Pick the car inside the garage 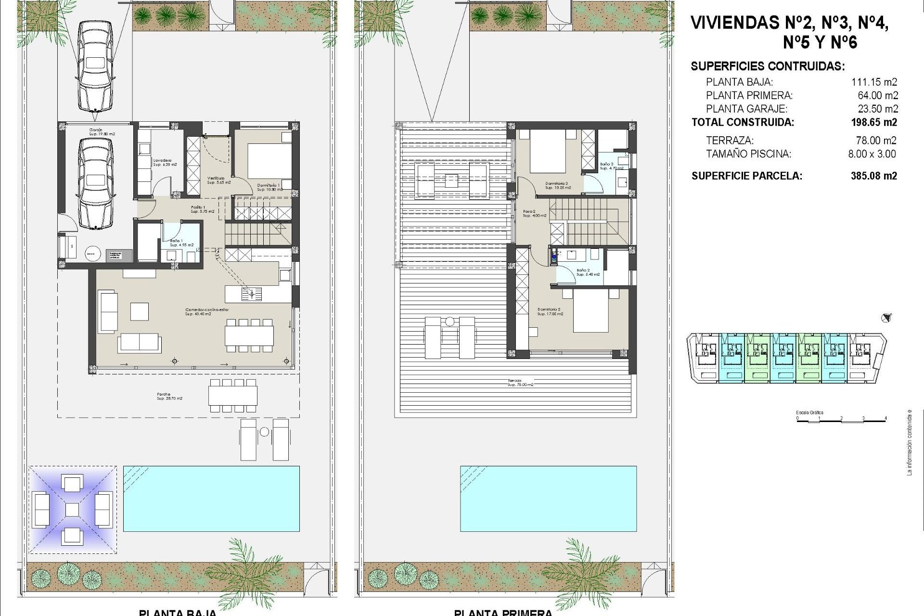coord(95,183)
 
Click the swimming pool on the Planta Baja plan coord(211,498)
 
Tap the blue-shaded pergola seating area coord(72,509)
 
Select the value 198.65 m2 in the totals coord(873,122)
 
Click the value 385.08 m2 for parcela coord(873,176)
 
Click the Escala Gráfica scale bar coord(841,420)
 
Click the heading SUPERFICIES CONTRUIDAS coord(767,66)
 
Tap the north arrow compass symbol coord(886,318)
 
